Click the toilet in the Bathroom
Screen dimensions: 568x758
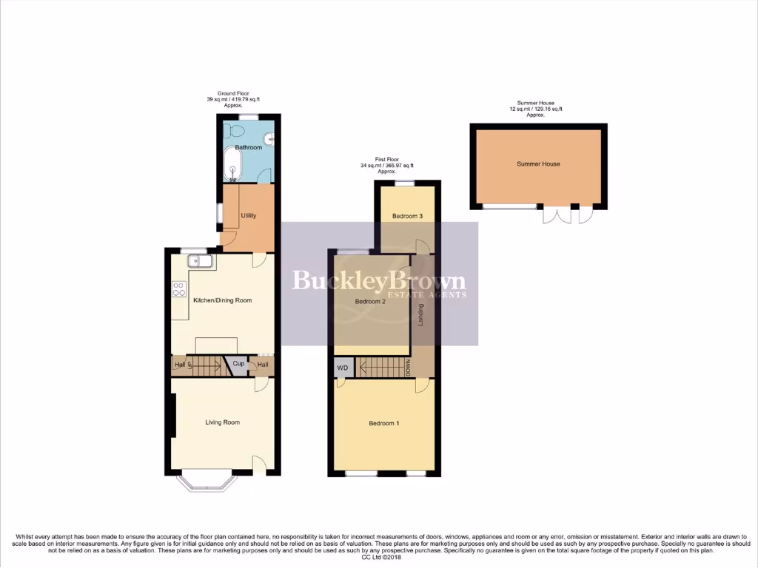coord(238,131)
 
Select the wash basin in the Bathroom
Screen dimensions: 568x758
coord(271,137)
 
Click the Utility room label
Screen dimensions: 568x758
coord(249,216)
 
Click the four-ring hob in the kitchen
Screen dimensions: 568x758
coord(179,289)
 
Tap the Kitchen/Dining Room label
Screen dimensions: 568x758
coord(222,300)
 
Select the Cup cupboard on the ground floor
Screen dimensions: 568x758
coord(238,364)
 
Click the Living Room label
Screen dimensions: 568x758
coord(223,422)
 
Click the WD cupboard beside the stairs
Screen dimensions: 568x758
coord(343,368)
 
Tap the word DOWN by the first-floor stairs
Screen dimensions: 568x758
coord(408,368)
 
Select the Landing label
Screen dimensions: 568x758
coord(421,316)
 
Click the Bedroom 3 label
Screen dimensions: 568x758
coord(408,216)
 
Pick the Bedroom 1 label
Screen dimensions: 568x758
coord(384,424)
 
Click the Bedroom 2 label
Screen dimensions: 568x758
coord(371,302)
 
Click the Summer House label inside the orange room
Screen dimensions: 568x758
coord(538,164)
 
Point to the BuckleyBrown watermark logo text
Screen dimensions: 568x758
coord(379,281)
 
